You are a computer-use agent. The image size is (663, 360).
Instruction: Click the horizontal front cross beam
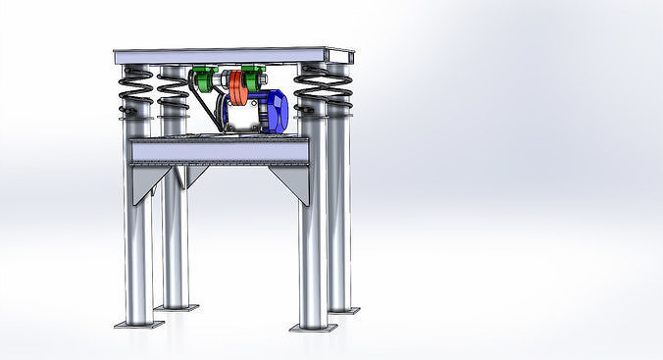coord(218,151)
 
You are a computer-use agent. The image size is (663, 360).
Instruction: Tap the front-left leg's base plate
coord(137,324)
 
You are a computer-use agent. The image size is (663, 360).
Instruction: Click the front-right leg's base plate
coord(313,327)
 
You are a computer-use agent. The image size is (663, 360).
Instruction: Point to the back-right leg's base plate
coord(342,310)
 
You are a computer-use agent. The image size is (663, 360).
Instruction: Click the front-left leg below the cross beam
coord(138,255)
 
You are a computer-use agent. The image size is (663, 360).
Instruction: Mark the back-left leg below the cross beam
coord(175,245)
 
